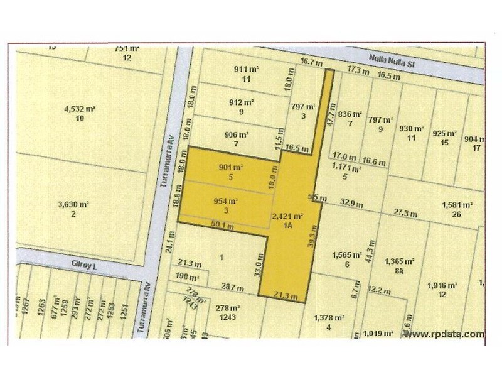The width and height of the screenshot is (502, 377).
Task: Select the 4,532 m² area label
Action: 78,108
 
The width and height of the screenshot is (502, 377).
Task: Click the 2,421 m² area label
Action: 288,216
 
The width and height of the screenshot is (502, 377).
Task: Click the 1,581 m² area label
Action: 457,204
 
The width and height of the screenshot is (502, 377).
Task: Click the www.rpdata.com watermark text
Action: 444,334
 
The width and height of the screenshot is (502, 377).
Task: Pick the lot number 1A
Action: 288,224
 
